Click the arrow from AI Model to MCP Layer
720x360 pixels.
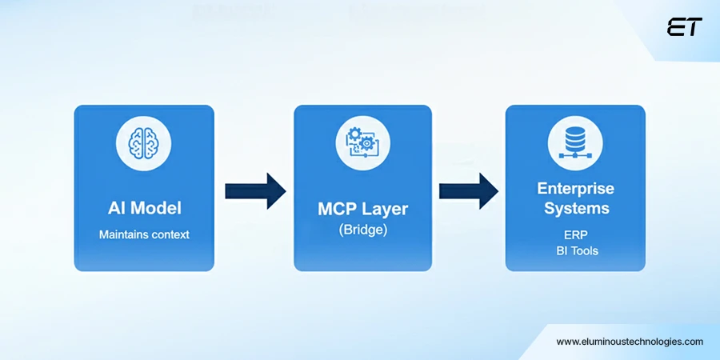click(255, 190)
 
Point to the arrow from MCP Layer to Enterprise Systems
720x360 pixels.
click(469, 190)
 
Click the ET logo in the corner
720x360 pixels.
click(684, 27)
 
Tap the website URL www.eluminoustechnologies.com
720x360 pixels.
click(630, 342)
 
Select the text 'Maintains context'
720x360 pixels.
click(144, 235)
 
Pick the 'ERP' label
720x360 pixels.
click(575, 235)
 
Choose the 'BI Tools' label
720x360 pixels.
click(575, 251)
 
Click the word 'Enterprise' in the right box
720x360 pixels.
click(575, 189)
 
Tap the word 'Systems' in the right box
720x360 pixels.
click(575, 209)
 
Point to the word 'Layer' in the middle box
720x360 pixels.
click(385, 210)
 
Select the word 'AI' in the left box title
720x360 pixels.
click(117, 209)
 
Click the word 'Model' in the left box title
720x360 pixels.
click(155, 209)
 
